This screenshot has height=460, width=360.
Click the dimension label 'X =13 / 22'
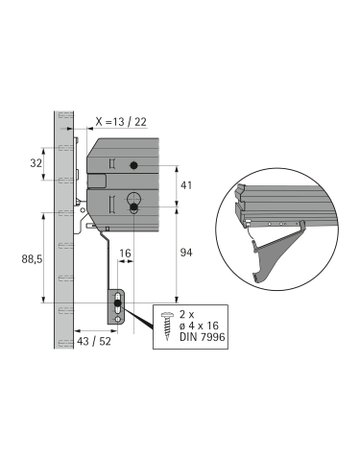pyautogui.click(x=121, y=122)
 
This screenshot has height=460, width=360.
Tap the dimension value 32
pyautogui.click(x=36, y=163)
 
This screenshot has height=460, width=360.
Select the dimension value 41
pyautogui.click(x=186, y=185)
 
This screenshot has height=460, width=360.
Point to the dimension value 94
pyautogui.click(x=186, y=253)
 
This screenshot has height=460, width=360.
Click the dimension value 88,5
pyautogui.click(x=32, y=259)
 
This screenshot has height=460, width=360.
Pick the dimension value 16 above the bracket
pyautogui.click(x=125, y=253)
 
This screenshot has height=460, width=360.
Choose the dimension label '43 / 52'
pyautogui.click(x=94, y=341)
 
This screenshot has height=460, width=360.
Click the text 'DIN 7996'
pyautogui.click(x=202, y=337)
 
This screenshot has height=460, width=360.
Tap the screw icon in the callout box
pyautogui.click(x=167, y=326)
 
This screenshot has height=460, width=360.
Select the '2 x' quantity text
pyautogui.click(x=187, y=314)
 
